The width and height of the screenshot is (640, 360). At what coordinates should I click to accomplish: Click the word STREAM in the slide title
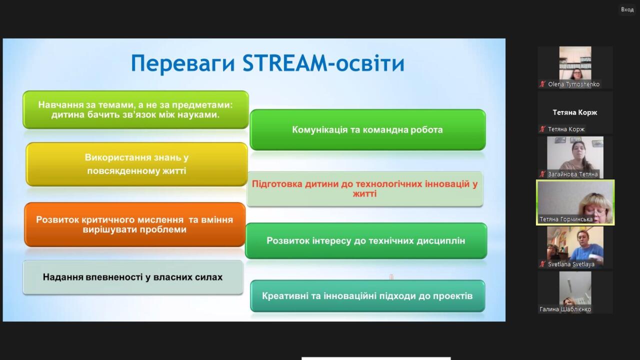point(285,63)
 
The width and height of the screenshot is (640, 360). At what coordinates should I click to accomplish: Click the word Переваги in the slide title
point(183,63)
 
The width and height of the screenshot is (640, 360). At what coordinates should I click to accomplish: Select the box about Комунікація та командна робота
point(367,129)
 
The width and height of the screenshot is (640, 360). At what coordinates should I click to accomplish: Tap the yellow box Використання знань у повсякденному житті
point(136,164)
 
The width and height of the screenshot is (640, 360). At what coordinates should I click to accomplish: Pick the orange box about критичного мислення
point(135,224)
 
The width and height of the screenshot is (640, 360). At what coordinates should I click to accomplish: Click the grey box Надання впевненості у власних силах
point(133,277)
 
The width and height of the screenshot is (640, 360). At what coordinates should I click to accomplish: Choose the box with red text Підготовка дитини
point(365,189)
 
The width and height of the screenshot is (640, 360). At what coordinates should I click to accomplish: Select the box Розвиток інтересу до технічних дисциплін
point(366,241)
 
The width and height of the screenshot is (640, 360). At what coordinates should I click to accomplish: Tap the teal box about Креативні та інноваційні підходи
point(367,296)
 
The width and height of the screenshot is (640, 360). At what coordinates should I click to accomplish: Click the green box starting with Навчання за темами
point(135,109)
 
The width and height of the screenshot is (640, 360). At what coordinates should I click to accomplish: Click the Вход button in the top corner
point(627,9)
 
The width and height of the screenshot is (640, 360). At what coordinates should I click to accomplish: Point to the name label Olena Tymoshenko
point(573,84)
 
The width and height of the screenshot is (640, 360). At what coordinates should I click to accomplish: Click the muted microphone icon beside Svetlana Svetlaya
point(542,264)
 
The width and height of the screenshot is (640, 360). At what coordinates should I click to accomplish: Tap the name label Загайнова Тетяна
point(572,174)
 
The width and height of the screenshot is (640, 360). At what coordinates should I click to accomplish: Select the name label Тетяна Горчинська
point(566,219)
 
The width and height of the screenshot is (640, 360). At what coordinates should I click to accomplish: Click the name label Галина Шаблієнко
point(565,309)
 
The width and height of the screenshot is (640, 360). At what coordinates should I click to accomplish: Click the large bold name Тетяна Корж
point(575,112)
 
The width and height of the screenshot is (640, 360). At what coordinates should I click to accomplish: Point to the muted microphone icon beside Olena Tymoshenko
point(542,84)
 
